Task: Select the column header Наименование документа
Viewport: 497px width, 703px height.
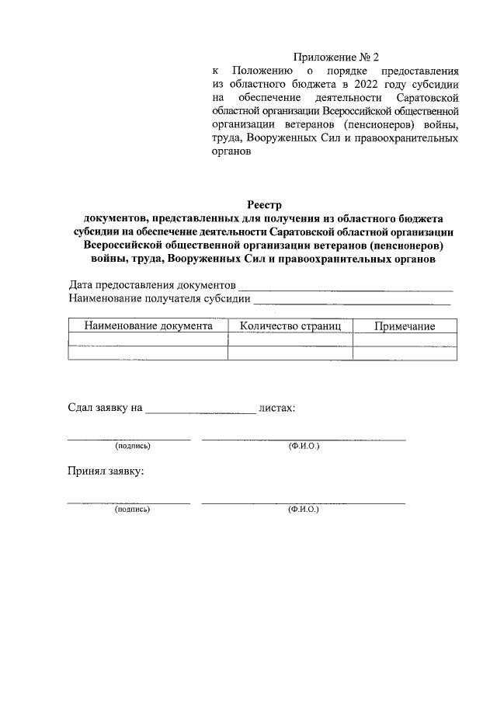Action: pyautogui.click(x=148, y=326)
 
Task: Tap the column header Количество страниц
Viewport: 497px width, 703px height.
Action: pyautogui.click(x=290, y=326)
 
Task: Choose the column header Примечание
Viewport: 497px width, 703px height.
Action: pyautogui.click(x=405, y=326)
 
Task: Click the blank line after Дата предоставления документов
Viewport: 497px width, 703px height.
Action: pyautogui.click(x=345, y=287)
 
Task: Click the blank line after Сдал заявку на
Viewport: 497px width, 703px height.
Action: pyautogui.click(x=200, y=410)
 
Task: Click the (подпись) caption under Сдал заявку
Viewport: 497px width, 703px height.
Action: pyautogui.click(x=133, y=446)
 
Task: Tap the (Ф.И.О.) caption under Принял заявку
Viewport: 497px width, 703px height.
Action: pyautogui.click(x=303, y=509)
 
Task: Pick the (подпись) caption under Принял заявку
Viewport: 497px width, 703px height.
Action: pyautogui.click(x=133, y=509)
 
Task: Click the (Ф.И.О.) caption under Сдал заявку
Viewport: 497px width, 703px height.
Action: pyautogui.click(x=303, y=446)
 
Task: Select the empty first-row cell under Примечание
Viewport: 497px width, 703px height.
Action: pyautogui.click(x=405, y=340)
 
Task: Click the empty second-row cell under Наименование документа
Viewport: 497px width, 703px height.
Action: pyautogui.click(x=148, y=353)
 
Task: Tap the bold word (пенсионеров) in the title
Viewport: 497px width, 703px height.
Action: pyautogui.click(x=402, y=245)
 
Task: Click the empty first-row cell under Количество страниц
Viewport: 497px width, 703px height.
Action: pyautogui.click(x=290, y=340)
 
